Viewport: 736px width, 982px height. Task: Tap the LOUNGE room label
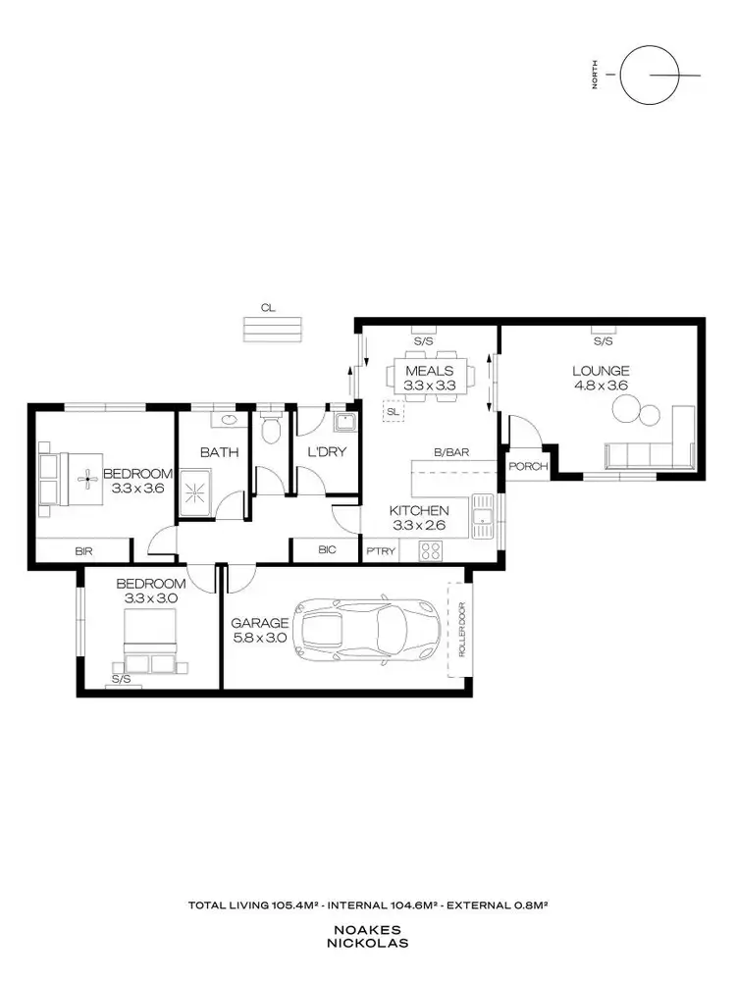pyautogui.click(x=601, y=371)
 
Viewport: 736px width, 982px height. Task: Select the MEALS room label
pyautogui.click(x=429, y=371)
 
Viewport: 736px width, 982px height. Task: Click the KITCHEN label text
pyautogui.click(x=419, y=510)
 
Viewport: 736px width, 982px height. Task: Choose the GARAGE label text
pyautogui.click(x=260, y=623)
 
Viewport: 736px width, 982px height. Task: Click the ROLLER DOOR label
pyautogui.click(x=459, y=629)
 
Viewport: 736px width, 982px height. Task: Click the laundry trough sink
pyautogui.click(x=343, y=423)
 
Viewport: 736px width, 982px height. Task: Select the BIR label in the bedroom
pyautogui.click(x=83, y=551)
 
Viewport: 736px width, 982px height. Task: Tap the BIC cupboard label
pyautogui.click(x=327, y=550)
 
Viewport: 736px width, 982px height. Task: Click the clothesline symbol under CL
pyautogui.click(x=273, y=329)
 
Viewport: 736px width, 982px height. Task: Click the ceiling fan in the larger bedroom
pyautogui.click(x=85, y=479)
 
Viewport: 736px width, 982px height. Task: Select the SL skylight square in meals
pyautogui.click(x=393, y=412)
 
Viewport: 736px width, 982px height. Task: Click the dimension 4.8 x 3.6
pyautogui.click(x=601, y=386)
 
